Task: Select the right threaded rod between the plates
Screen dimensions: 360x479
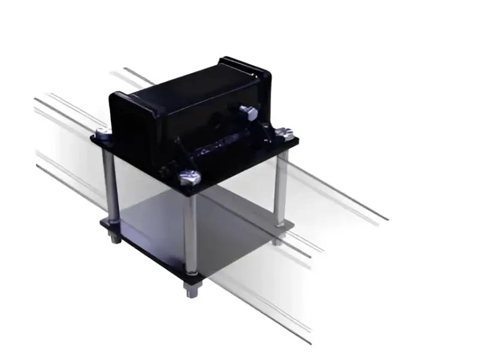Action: [x=280, y=189]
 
